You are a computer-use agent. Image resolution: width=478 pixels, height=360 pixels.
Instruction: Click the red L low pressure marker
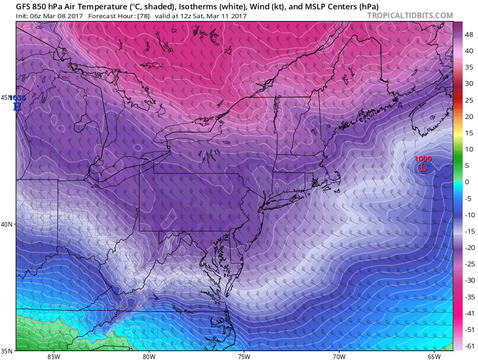pyautogui.click(x=423, y=167)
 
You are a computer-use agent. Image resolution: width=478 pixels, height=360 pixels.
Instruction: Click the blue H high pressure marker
pyautogui.click(x=17, y=106)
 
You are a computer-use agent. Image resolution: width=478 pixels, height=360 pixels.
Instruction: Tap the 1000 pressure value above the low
pyautogui.click(x=423, y=159)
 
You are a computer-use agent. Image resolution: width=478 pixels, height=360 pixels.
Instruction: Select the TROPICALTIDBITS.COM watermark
pyautogui.click(x=410, y=15)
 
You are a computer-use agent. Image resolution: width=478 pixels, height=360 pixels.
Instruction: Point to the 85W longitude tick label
pyautogui.click(x=54, y=356)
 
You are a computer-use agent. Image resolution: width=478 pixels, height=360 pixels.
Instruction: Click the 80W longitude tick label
pyautogui.click(x=149, y=356)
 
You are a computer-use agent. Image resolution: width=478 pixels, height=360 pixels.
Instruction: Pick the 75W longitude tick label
pyautogui.click(x=244, y=356)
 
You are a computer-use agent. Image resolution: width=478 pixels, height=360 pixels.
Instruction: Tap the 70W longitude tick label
pyautogui.click(x=339, y=356)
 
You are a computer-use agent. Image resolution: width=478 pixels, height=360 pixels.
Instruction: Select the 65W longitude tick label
pyautogui.click(x=434, y=356)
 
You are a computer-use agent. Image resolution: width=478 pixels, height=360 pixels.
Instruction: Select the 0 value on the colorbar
pyautogui.click(x=467, y=182)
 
